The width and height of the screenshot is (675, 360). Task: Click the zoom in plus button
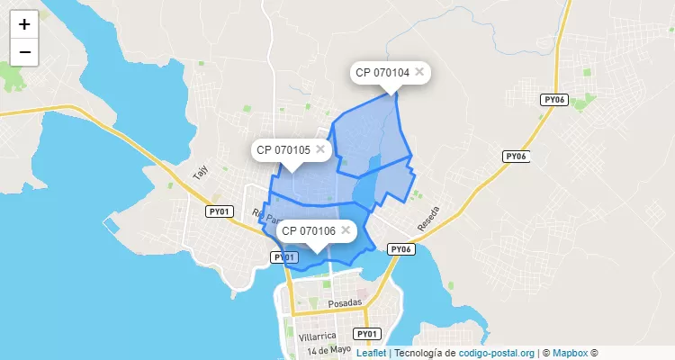(x=24, y=24)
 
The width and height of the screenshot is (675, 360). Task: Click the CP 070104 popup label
(x=382, y=72)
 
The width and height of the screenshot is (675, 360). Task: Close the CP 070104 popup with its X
(x=419, y=71)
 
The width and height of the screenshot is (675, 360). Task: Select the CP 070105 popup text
(x=283, y=149)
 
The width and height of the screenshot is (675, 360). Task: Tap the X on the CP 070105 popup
(x=320, y=148)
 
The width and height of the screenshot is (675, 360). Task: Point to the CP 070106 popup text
(x=308, y=230)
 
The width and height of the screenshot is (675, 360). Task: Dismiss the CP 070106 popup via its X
(x=346, y=229)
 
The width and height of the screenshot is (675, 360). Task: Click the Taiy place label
(x=200, y=173)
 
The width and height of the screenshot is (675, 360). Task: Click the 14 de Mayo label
(x=328, y=350)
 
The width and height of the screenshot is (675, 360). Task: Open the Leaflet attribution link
(x=371, y=353)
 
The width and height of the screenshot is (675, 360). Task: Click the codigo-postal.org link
(x=497, y=353)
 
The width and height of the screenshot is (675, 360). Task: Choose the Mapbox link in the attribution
(x=571, y=353)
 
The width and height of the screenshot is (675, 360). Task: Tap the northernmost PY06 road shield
(x=553, y=101)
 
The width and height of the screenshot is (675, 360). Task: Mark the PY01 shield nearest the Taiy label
(x=219, y=211)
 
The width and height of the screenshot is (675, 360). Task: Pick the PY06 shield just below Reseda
(x=400, y=249)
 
